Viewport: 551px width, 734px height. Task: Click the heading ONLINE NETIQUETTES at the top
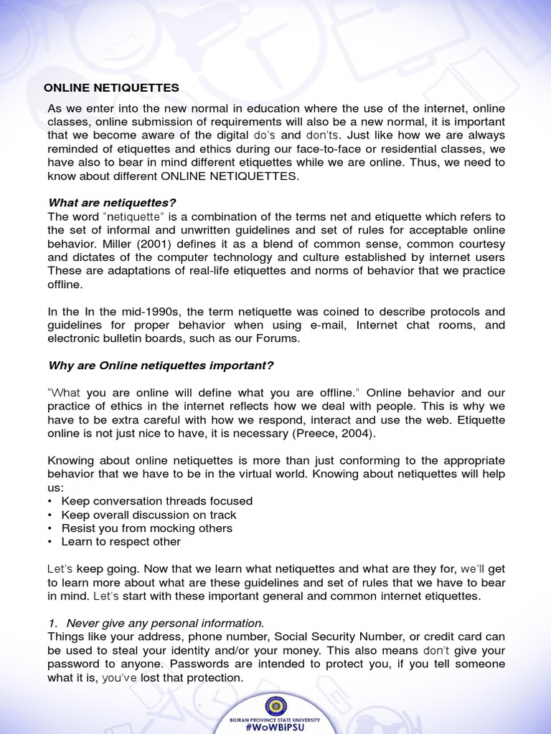click(x=111, y=87)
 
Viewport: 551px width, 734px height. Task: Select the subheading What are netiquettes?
click(x=111, y=204)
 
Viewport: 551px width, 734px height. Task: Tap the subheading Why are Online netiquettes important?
click(x=161, y=365)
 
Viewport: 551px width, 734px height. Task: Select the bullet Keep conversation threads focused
click(x=156, y=501)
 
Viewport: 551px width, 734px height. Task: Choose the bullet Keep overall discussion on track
click(x=149, y=515)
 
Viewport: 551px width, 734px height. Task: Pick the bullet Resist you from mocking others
click(x=146, y=528)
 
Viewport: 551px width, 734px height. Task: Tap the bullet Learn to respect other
click(x=121, y=542)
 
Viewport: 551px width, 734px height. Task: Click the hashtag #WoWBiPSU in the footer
click(x=275, y=727)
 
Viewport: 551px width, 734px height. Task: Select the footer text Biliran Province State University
click(x=275, y=719)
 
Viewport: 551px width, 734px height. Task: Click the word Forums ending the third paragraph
click(x=279, y=339)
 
